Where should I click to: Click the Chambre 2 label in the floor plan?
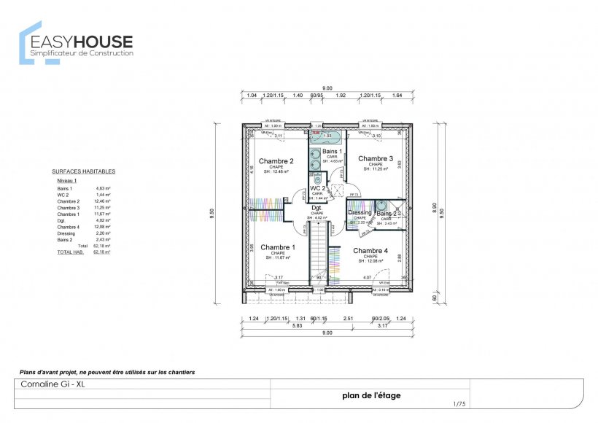[276, 161]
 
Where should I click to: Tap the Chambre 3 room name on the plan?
[376, 158]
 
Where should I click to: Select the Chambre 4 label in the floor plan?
[370, 251]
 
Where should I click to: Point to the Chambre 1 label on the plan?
[277, 247]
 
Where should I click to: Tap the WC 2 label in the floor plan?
[317, 188]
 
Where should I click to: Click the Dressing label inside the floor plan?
[360, 213]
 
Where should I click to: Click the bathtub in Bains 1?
[327, 136]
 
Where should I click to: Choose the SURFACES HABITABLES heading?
[83, 171]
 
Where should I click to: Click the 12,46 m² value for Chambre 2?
[103, 201]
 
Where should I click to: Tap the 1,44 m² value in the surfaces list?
[103, 195]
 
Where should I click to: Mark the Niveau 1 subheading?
[66, 179]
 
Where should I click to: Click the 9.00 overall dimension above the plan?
[326, 88]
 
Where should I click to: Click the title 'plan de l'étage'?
[371, 396]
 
